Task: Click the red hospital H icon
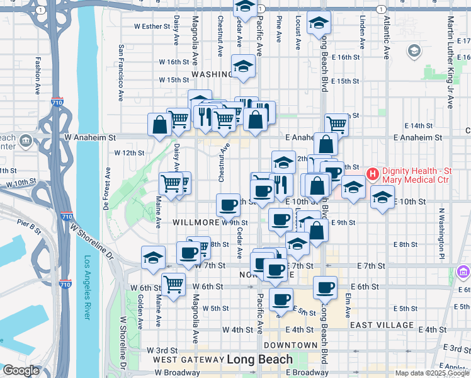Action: (372, 173)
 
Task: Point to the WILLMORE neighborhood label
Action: (195, 222)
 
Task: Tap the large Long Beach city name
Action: (259, 360)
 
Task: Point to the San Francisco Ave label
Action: (120, 72)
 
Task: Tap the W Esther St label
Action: (152, 27)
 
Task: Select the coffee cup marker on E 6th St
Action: (325, 287)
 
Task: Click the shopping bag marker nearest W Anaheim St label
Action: (159, 124)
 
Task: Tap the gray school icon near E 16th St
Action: (414, 50)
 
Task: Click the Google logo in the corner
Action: (20, 370)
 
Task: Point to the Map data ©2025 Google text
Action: (431, 373)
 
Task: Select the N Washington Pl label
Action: (441, 234)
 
